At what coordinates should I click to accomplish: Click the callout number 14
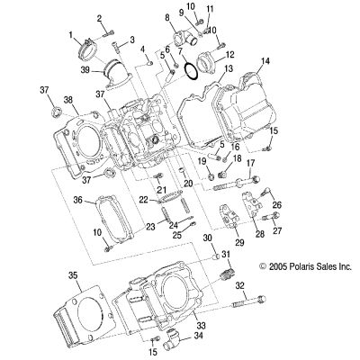point(265,61)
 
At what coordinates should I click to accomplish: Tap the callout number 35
point(74,275)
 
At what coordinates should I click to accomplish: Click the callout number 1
point(71,35)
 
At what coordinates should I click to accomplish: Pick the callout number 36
point(79,199)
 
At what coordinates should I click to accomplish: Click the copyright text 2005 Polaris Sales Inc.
point(305,266)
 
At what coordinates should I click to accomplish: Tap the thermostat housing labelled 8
point(184,39)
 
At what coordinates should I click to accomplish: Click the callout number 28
point(260,234)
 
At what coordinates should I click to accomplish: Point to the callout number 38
point(68,100)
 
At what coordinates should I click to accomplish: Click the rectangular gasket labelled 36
point(114,218)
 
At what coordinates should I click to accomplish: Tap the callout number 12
point(230,55)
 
